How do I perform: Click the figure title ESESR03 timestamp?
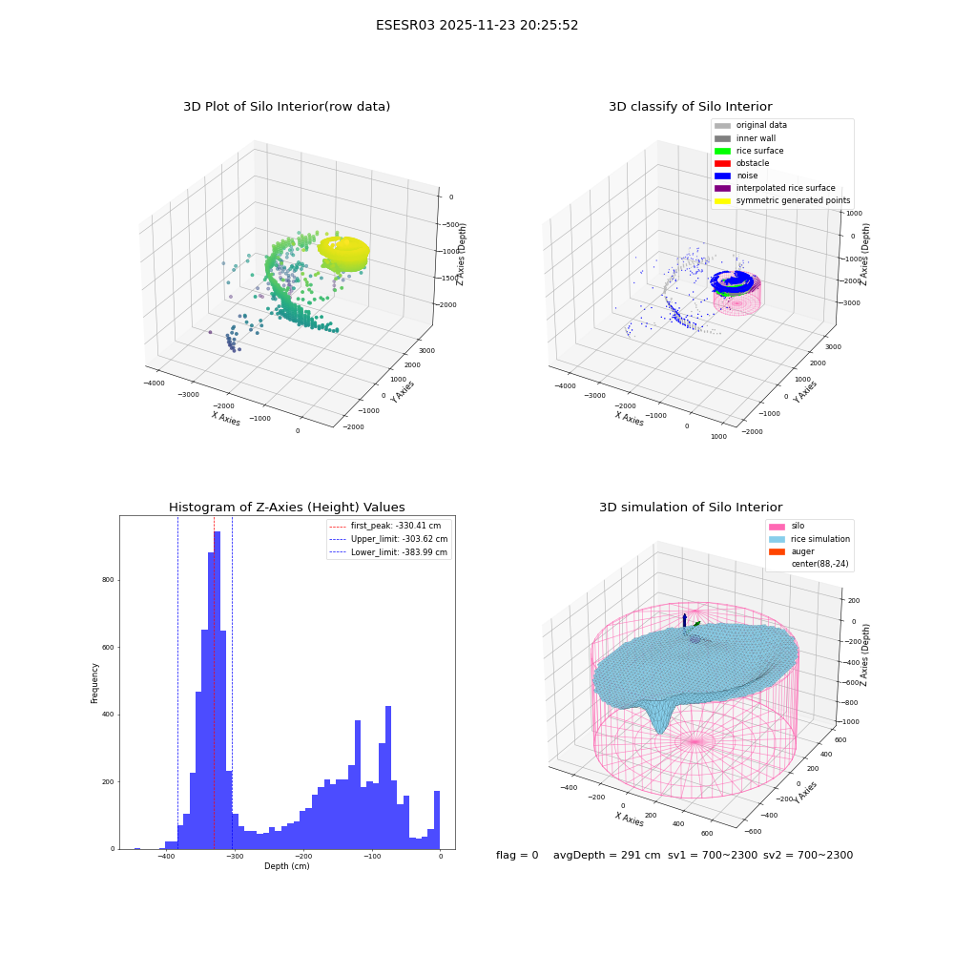pos(477,25)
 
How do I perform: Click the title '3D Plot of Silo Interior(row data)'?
pos(286,107)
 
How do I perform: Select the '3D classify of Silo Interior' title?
pos(691,107)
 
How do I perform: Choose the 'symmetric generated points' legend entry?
pos(782,200)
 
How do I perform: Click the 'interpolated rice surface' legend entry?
pos(775,188)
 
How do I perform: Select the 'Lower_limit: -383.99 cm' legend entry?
pos(388,552)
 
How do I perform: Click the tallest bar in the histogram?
pos(217,690)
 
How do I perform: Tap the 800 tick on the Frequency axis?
pos(109,580)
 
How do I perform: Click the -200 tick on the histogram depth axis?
pos(303,856)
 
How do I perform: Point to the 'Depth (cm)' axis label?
pos(287,866)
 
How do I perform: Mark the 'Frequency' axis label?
pos(94,683)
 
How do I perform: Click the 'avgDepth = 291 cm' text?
pos(607,855)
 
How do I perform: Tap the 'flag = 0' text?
pos(517,855)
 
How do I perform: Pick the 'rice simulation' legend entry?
pos(809,539)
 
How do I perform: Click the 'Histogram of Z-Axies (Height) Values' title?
pos(286,508)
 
